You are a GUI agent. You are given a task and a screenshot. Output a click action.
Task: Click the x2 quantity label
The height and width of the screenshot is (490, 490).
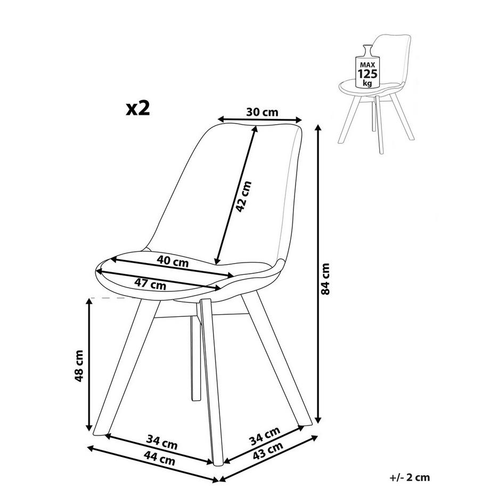[x=138, y=108]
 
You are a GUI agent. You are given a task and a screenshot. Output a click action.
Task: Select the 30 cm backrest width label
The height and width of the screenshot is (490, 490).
[x=263, y=112]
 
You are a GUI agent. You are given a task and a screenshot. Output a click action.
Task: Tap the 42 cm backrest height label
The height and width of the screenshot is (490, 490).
[x=243, y=197]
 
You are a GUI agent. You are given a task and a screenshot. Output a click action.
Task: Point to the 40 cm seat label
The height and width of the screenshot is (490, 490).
[x=173, y=262]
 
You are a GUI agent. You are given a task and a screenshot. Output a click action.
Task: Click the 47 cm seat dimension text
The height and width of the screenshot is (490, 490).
[x=151, y=284]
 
